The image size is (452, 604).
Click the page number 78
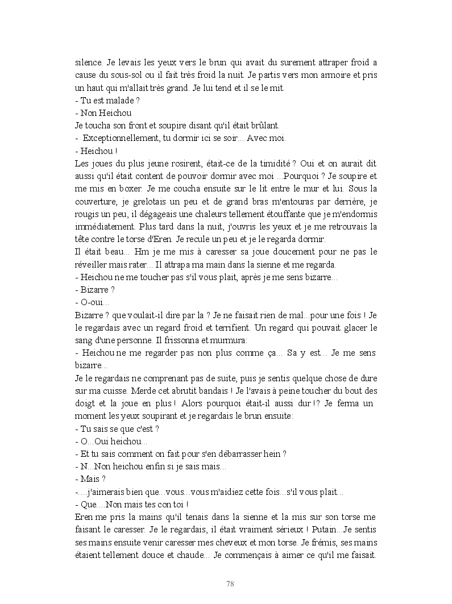point(230,584)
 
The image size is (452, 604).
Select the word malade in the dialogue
point(118,101)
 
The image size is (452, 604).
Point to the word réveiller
point(92,264)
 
